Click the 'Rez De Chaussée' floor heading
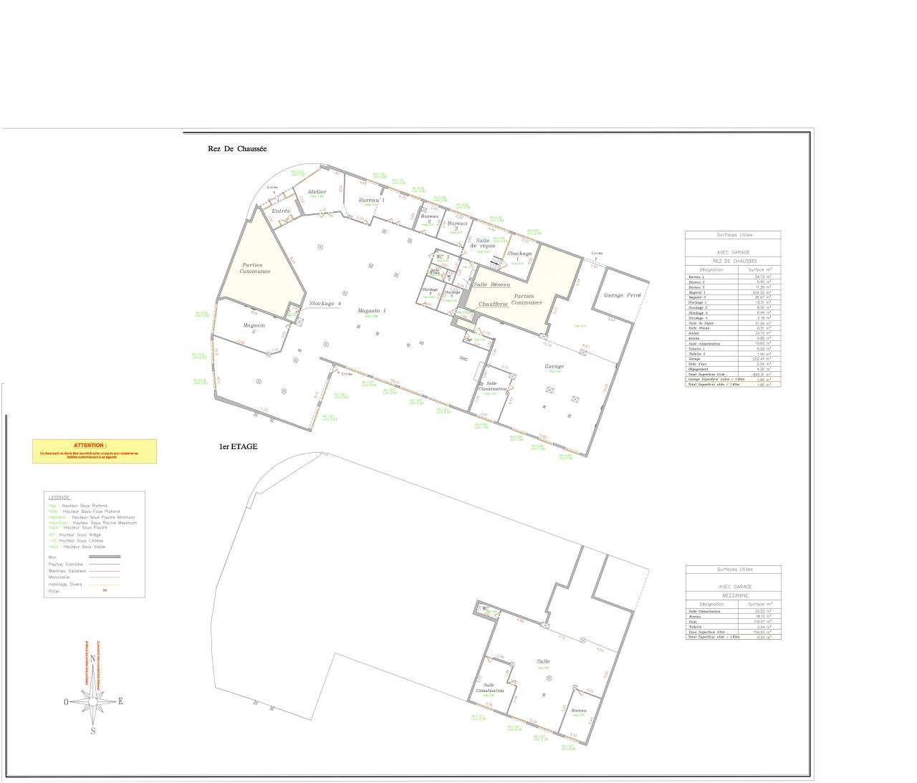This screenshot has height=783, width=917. click(237, 149)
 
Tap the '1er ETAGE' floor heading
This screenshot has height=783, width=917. click(238, 446)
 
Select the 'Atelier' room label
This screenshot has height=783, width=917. click(317, 192)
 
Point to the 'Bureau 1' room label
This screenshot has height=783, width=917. click(372, 200)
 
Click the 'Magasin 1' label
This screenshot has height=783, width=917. click(372, 310)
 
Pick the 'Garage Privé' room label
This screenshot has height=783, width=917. click(622, 295)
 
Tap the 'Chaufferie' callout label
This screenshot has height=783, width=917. click(493, 304)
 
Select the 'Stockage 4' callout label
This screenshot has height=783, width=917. click(325, 304)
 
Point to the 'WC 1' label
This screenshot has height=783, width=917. click(443, 256)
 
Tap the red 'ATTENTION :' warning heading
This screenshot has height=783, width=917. click(90, 445)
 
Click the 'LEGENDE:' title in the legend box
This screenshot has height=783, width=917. click(59, 497)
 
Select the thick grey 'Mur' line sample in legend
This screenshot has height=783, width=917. click(104, 557)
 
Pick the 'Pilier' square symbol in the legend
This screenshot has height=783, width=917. click(105, 590)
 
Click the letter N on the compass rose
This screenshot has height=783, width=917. click(92, 660)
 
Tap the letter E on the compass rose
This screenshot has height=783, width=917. click(120, 701)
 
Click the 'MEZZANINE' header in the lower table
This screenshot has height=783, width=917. click(733, 595)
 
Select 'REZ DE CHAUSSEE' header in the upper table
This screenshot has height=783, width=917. click(733, 261)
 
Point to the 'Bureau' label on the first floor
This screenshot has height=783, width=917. click(579, 711)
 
